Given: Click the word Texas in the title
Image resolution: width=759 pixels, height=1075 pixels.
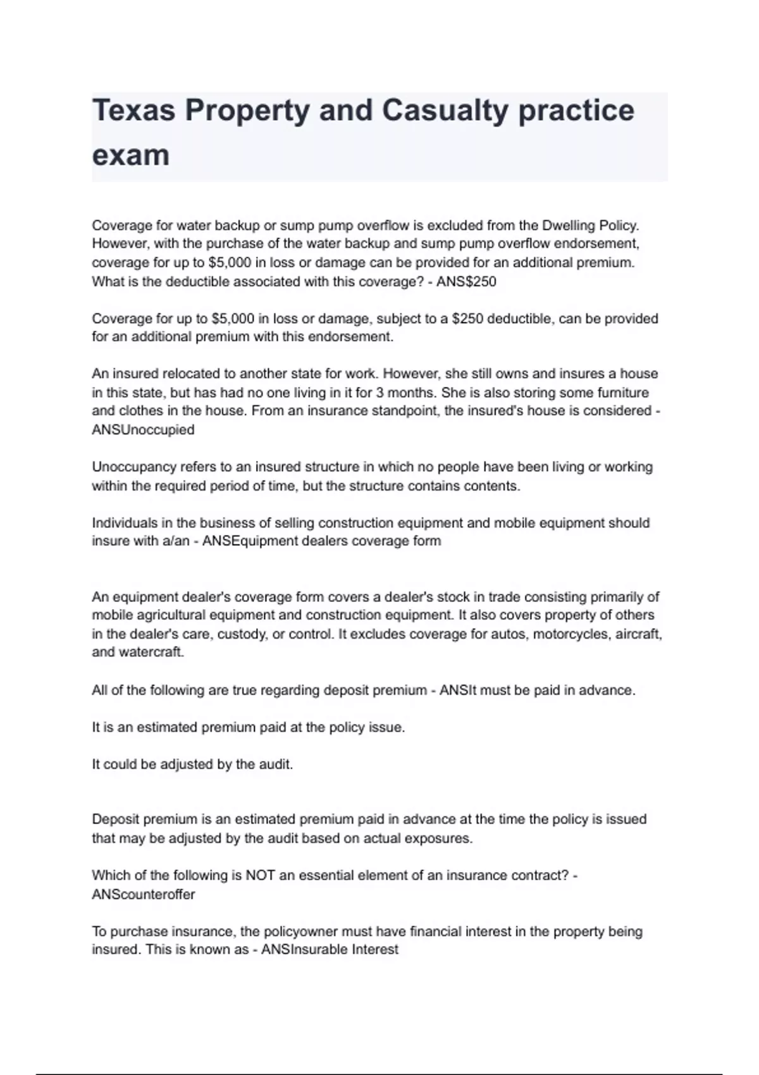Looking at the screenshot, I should [x=133, y=110].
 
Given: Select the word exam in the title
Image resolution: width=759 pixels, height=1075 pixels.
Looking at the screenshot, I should [x=130, y=155].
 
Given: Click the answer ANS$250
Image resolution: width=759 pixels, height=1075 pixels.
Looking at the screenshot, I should [x=466, y=281].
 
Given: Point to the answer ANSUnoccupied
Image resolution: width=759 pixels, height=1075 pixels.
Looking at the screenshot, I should [x=143, y=429].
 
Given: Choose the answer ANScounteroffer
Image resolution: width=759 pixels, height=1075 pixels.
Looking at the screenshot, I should [x=143, y=894].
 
